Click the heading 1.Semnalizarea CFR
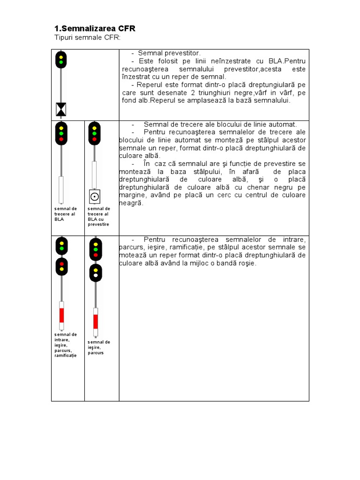coord(95,29)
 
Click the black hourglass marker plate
coord(61,109)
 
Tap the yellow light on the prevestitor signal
coord(61,57)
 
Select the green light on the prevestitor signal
coord(61,62)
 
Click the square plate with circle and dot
coord(95,196)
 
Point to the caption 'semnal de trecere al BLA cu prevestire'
coord(98,217)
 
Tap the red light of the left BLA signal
coord(61,139)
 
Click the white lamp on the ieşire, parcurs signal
coord(96,275)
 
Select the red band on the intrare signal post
coord(61,315)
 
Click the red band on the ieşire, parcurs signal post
coord(96,322)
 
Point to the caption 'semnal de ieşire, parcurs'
coord(98,347)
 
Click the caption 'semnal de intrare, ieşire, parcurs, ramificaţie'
coord(66,345)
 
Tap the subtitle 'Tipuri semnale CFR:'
coord(88,37)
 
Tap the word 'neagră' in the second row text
coord(131,203)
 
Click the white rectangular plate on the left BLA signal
coord(61,190)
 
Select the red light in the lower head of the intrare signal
coord(61,264)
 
